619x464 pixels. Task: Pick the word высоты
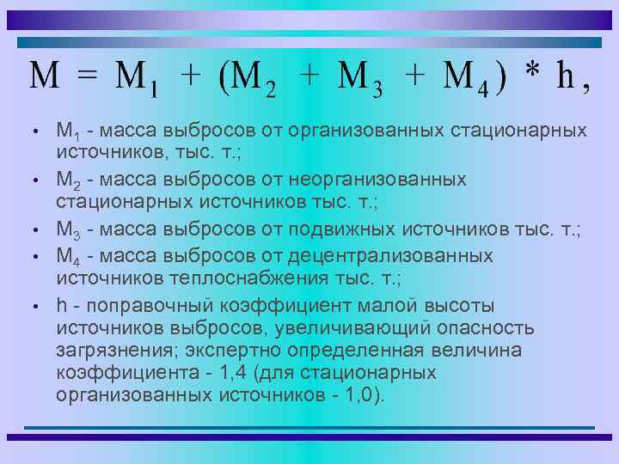464,305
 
